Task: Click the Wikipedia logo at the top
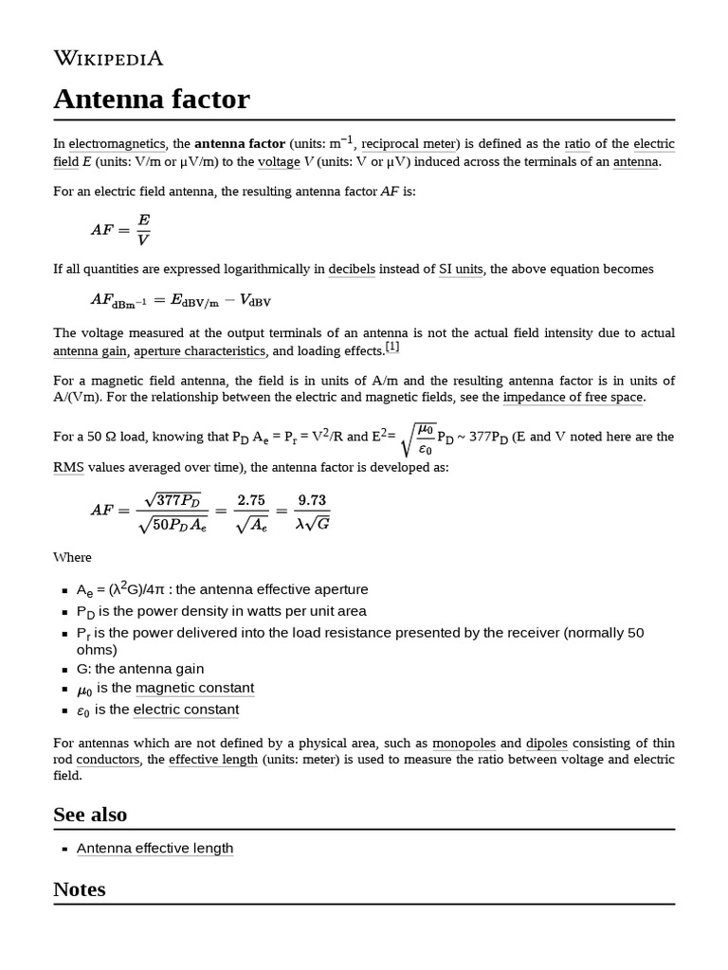click(x=108, y=59)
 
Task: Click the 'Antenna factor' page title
click(x=152, y=99)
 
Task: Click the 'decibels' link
click(x=353, y=269)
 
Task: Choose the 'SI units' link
click(x=461, y=269)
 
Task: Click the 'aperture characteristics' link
click(x=199, y=350)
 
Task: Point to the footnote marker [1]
click(x=391, y=347)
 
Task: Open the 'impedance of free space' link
click(x=573, y=397)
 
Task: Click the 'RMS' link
click(x=68, y=467)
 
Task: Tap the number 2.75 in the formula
click(x=251, y=499)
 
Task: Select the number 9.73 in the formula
click(x=313, y=499)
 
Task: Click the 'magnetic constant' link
click(x=194, y=688)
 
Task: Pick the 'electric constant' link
click(x=186, y=710)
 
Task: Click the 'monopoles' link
click(x=464, y=744)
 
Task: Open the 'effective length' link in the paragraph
click(x=213, y=760)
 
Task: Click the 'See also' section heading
click(x=90, y=815)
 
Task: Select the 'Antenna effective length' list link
click(x=155, y=848)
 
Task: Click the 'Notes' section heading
click(x=80, y=889)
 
